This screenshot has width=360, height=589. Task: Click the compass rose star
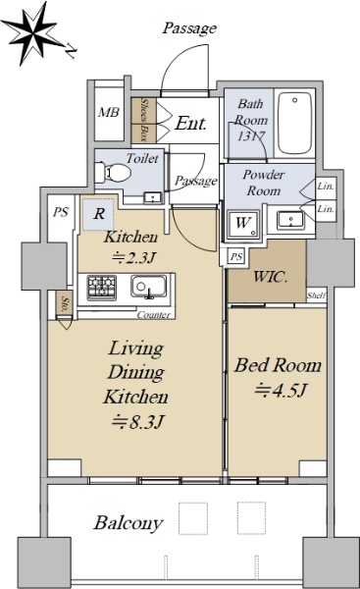click(33, 34)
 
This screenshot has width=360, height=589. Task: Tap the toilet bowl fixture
click(113, 173)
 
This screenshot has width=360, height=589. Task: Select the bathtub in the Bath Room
click(295, 123)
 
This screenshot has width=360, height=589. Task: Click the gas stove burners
click(101, 288)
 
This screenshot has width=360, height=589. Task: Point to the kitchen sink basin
click(149, 287)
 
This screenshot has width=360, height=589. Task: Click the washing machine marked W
click(242, 224)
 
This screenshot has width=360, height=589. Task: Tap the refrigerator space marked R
click(98, 214)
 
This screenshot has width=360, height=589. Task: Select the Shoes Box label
click(144, 120)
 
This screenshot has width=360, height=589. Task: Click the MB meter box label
click(109, 112)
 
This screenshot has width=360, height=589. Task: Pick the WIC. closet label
click(271, 277)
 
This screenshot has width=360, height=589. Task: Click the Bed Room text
click(278, 365)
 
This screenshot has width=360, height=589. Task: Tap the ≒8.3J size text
click(137, 422)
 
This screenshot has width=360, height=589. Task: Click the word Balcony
click(129, 523)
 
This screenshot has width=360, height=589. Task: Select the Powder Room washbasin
click(290, 220)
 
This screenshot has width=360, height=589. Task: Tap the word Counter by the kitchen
click(154, 315)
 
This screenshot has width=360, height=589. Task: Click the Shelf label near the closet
click(316, 295)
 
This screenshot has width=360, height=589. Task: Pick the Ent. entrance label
click(190, 124)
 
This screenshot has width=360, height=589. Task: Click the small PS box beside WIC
click(235, 257)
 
